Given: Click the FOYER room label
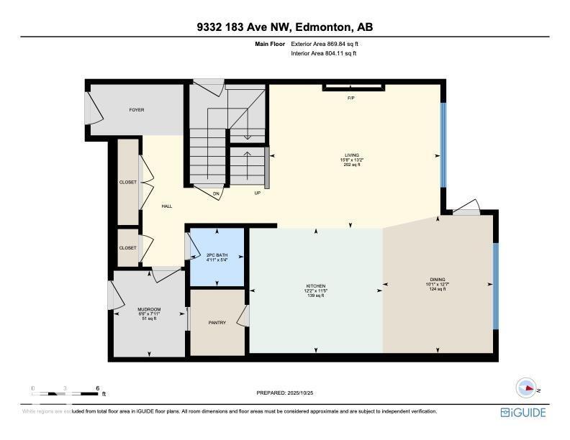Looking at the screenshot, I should click(137, 110).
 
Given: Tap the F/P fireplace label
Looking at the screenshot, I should click(351, 98).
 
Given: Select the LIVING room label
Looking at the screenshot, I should click(351, 155).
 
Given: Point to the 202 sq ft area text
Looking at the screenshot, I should click(351, 165).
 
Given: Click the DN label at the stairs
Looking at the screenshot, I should click(216, 193).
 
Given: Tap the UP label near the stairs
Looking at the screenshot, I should click(256, 193).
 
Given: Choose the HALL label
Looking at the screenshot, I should click(167, 206).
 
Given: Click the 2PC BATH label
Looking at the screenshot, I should click(217, 255).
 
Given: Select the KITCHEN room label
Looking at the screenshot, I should click(315, 286).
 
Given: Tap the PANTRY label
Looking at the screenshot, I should click(217, 323).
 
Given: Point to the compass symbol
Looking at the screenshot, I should click(527, 388).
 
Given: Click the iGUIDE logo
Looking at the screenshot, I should click(523, 413).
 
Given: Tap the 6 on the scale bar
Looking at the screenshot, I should click(97, 388).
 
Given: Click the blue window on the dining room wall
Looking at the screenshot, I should click(494, 285).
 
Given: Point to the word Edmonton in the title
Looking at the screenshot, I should click(323, 27).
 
